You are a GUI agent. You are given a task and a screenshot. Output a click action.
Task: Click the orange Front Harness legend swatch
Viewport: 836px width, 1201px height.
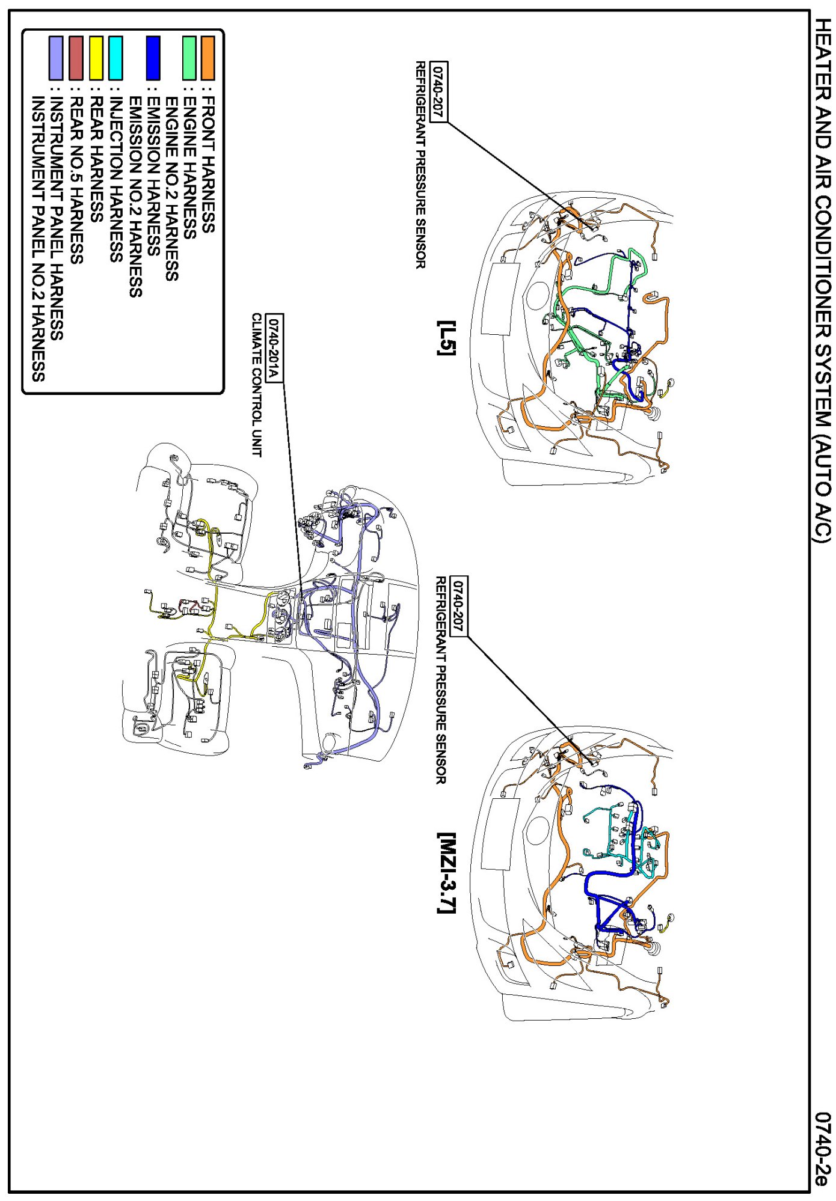point(207,58)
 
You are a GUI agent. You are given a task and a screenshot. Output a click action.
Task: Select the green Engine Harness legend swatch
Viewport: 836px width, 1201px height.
point(189,58)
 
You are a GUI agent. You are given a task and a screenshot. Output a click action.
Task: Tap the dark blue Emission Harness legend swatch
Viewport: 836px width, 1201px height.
point(153,58)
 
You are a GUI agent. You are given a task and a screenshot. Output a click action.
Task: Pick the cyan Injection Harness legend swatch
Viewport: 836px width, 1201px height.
point(115,58)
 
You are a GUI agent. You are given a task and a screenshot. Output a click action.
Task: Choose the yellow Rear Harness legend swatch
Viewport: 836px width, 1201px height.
point(96,58)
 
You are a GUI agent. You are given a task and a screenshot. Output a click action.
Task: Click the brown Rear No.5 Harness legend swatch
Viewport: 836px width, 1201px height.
point(76,58)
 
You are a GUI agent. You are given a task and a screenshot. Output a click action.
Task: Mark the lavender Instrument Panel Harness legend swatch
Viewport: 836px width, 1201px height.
point(56,58)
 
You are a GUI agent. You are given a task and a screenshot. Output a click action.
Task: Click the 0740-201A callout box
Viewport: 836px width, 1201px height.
point(274,347)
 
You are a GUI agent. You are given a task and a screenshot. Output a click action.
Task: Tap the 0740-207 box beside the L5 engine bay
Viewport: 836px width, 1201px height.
point(440,91)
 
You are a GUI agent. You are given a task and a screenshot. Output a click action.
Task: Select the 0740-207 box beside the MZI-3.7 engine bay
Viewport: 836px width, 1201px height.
point(459,606)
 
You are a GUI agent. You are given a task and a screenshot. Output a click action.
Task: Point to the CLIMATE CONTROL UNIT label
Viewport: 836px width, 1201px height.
point(257,385)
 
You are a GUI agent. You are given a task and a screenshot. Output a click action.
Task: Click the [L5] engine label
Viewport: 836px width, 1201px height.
point(447,337)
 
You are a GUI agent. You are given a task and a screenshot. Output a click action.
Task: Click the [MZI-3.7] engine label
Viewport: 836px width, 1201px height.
point(447,873)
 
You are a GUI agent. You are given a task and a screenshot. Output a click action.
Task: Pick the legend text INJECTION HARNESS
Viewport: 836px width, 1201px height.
point(115,179)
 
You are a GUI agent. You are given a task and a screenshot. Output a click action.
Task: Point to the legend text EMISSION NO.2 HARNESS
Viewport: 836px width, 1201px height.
point(135,197)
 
